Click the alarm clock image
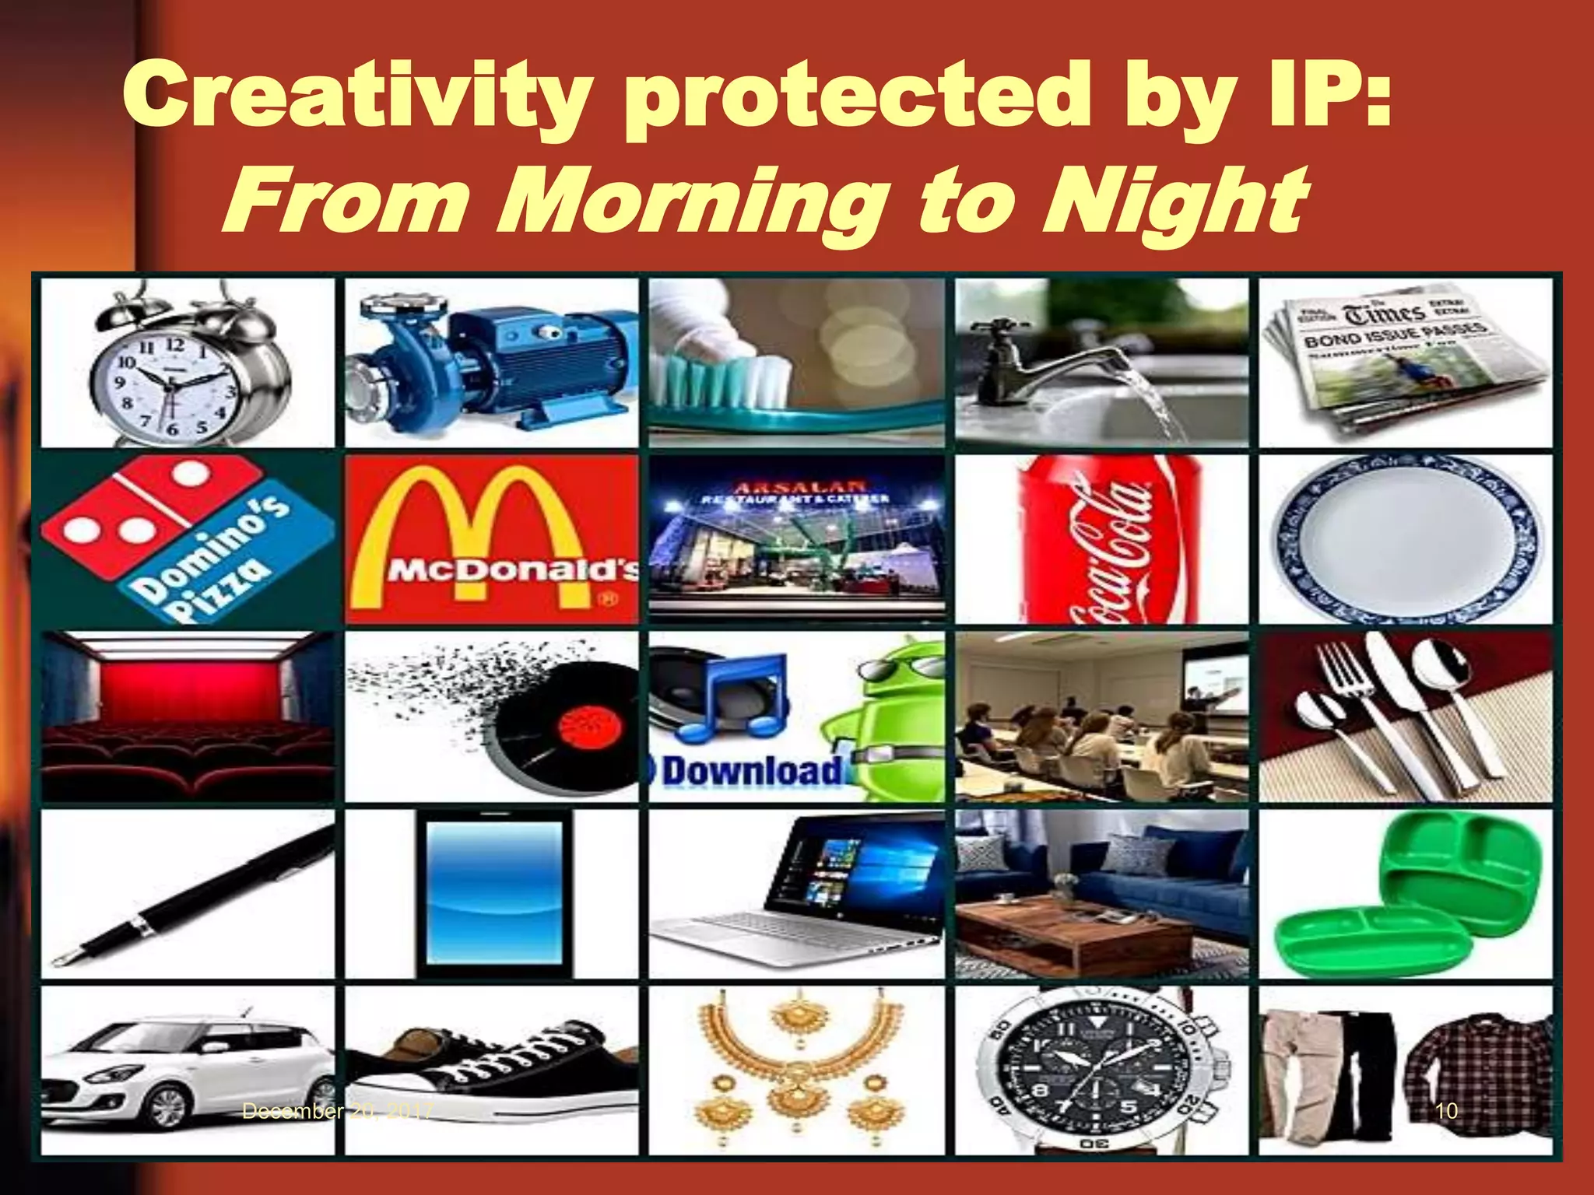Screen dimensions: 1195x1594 [187, 366]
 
